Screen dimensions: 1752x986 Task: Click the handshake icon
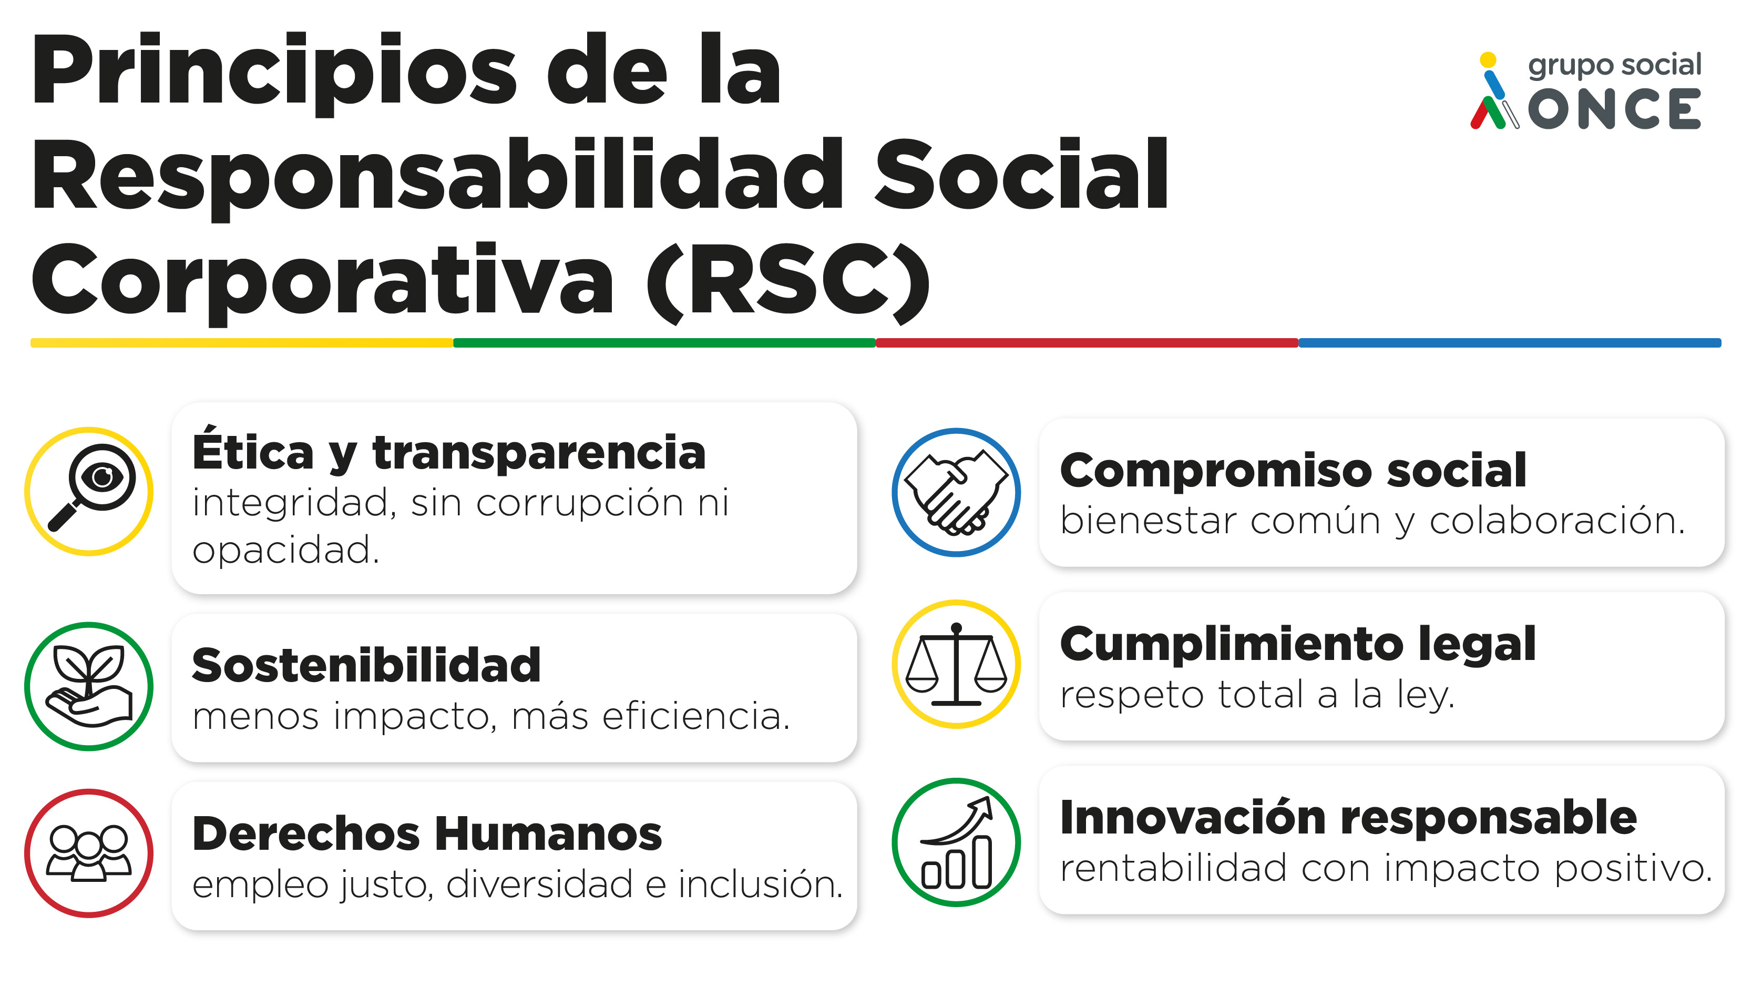click(x=956, y=492)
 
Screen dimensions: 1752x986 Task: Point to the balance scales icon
click(x=956, y=664)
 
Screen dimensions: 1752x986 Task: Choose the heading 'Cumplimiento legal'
click(x=1298, y=644)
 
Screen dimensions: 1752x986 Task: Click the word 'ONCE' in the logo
click(x=1614, y=109)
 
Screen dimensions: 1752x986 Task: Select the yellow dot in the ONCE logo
click(x=1488, y=60)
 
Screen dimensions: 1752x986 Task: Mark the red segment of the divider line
click(x=1087, y=343)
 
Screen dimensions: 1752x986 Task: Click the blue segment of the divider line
click(x=1510, y=343)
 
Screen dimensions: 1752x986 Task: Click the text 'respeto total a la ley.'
click(x=1257, y=695)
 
